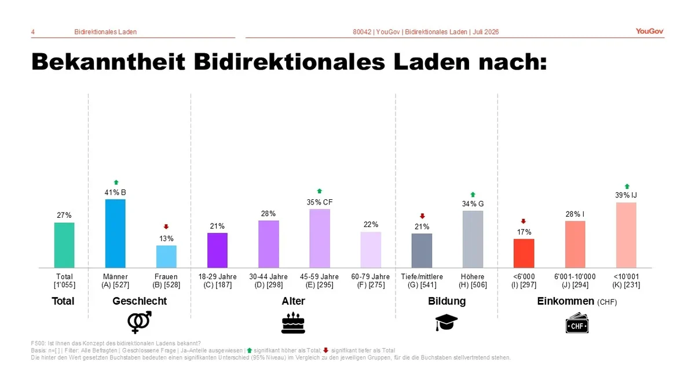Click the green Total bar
click(64, 245)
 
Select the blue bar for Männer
click(115, 233)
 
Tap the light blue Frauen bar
click(166, 257)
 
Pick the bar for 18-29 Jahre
click(217, 250)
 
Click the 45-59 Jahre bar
click(320, 238)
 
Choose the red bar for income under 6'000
click(524, 253)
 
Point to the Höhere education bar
click(473, 239)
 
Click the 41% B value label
click(115, 192)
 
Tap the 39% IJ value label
click(626, 195)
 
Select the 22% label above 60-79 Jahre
click(371, 224)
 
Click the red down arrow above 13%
click(166, 227)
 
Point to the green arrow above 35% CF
click(319, 191)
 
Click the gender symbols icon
click(140, 323)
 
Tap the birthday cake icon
click(293, 323)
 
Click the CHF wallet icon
click(577, 323)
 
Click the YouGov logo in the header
click(649, 31)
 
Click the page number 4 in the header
click(33, 32)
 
